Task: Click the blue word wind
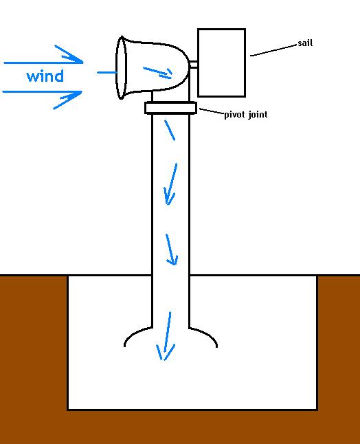coord(45,76)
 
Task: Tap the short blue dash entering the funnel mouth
coord(107,72)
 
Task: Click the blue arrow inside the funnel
coord(157,72)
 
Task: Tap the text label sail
coord(305,43)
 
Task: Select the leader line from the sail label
coord(273,50)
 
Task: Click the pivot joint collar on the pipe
coord(170,108)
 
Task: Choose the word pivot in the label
coord(235,115)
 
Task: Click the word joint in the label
coord(258,115)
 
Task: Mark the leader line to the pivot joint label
coord(212,111)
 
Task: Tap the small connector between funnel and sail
coord(193,65)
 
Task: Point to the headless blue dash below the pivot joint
coord(170,130)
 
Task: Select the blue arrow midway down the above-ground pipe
coord(171,184)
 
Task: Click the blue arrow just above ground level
coord(171,249)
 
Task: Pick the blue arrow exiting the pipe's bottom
coord(167,336)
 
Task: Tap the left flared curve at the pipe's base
coord(135,333)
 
